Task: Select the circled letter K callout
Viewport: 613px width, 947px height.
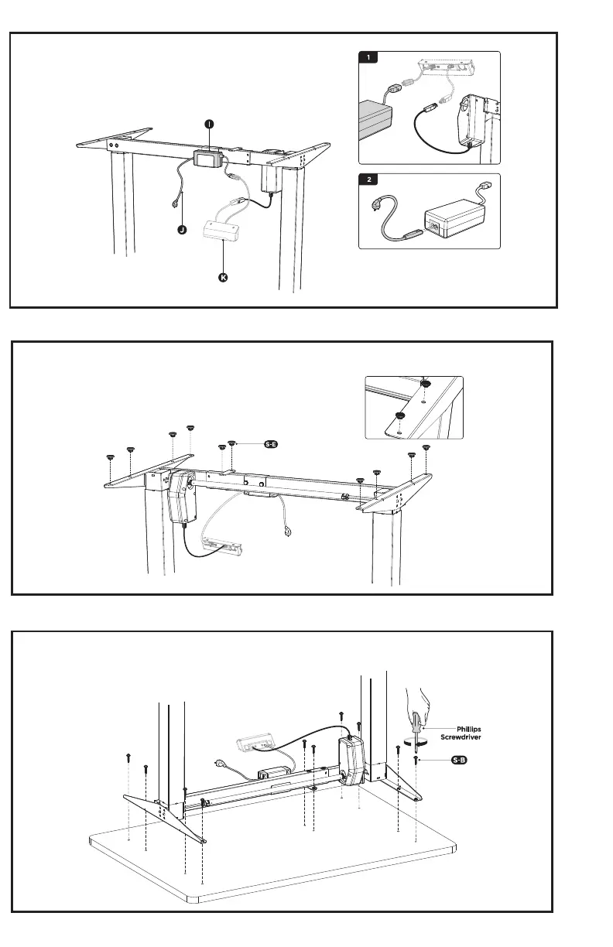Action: [223, 277]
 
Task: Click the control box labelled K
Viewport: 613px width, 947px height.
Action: [223, 230]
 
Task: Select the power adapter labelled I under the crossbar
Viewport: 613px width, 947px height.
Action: [207, 159]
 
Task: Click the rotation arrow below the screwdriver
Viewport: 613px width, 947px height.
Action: [418, 748]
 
